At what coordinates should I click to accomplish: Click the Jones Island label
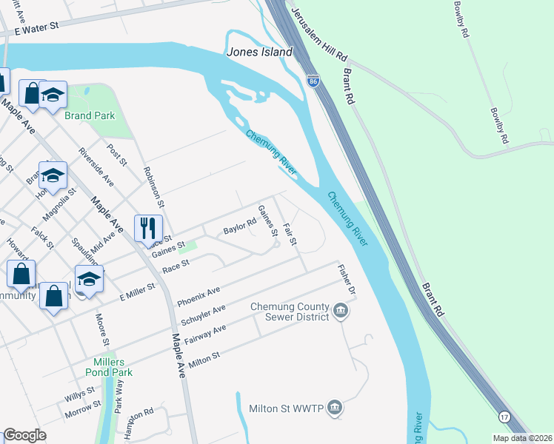click(259, 53)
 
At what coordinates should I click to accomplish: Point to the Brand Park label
click(89, 115)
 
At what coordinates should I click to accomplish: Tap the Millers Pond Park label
click(108, 367)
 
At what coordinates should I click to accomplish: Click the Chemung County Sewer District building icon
click(341, 309)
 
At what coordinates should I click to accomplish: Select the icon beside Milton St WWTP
click(335, 407)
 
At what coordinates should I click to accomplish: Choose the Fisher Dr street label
click(347, 281)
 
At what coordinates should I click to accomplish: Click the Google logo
click(25, 435)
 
